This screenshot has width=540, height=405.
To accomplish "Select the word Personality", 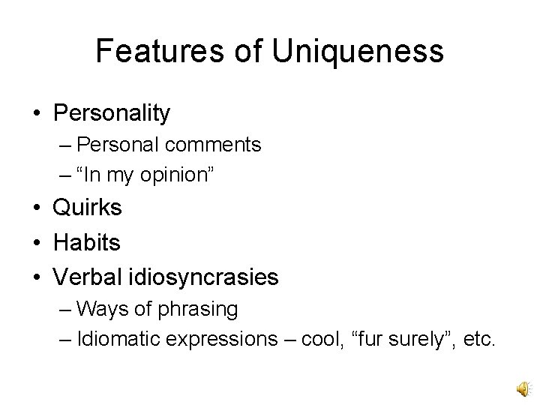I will coord(112,113).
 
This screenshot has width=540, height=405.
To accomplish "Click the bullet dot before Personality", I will coord(36,113).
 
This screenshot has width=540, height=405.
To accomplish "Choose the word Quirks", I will coord(88,208).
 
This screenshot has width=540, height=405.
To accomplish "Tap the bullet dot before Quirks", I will coord(36,208).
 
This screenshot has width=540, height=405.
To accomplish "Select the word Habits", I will coord(86,242).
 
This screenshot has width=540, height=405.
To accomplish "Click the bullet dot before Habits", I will coord(36,242).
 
